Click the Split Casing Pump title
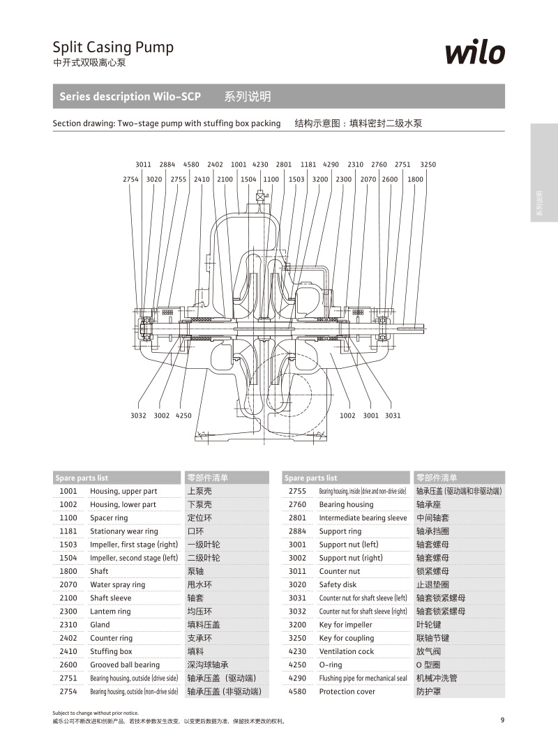point(113,47)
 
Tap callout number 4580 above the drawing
point(191,165)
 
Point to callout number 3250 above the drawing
point(428,165)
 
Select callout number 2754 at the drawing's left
point(131,179)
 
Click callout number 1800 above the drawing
point(415,179)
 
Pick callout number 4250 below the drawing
point(183,416)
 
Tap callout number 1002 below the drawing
point(347,416)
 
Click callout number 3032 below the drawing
point(138,416)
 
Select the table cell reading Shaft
point(99,571)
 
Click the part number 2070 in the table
point(68,584)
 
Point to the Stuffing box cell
point(111,651)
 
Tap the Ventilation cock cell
point(346,651)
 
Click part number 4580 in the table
point(297,692)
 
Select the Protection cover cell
point(347,692)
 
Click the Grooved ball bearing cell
point(125,665)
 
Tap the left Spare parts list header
point(82,478)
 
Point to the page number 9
point(502,720)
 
